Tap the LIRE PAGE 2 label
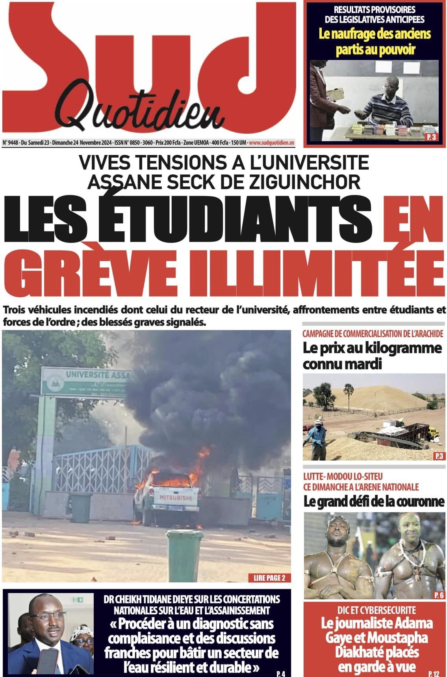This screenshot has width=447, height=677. point(267,578)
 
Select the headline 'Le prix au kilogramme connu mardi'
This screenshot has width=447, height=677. point(372,356)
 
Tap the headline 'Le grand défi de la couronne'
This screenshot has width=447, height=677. point(374,502)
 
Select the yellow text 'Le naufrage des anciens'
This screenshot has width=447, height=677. point(375,34)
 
